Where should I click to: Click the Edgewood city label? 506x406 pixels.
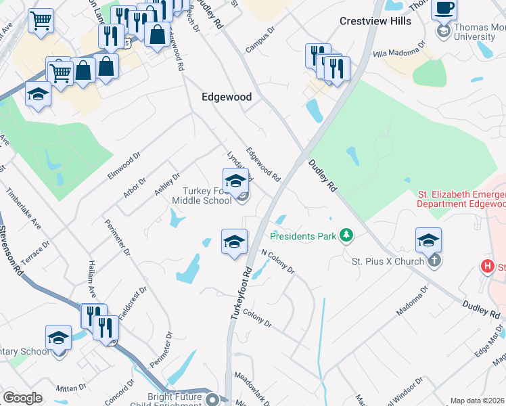(x=227, y=97)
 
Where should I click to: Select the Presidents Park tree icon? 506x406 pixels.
(x=347, y=235)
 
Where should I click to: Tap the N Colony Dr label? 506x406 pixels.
(x=278, y=261)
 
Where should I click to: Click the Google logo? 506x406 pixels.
(x=22, y=398)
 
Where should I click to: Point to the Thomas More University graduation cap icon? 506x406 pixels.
(x=444, y=31)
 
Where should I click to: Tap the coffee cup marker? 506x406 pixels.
(x=444, y=8)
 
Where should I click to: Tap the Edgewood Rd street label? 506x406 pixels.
(x=263, y=165)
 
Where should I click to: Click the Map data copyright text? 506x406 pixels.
(x=478, y=401)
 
